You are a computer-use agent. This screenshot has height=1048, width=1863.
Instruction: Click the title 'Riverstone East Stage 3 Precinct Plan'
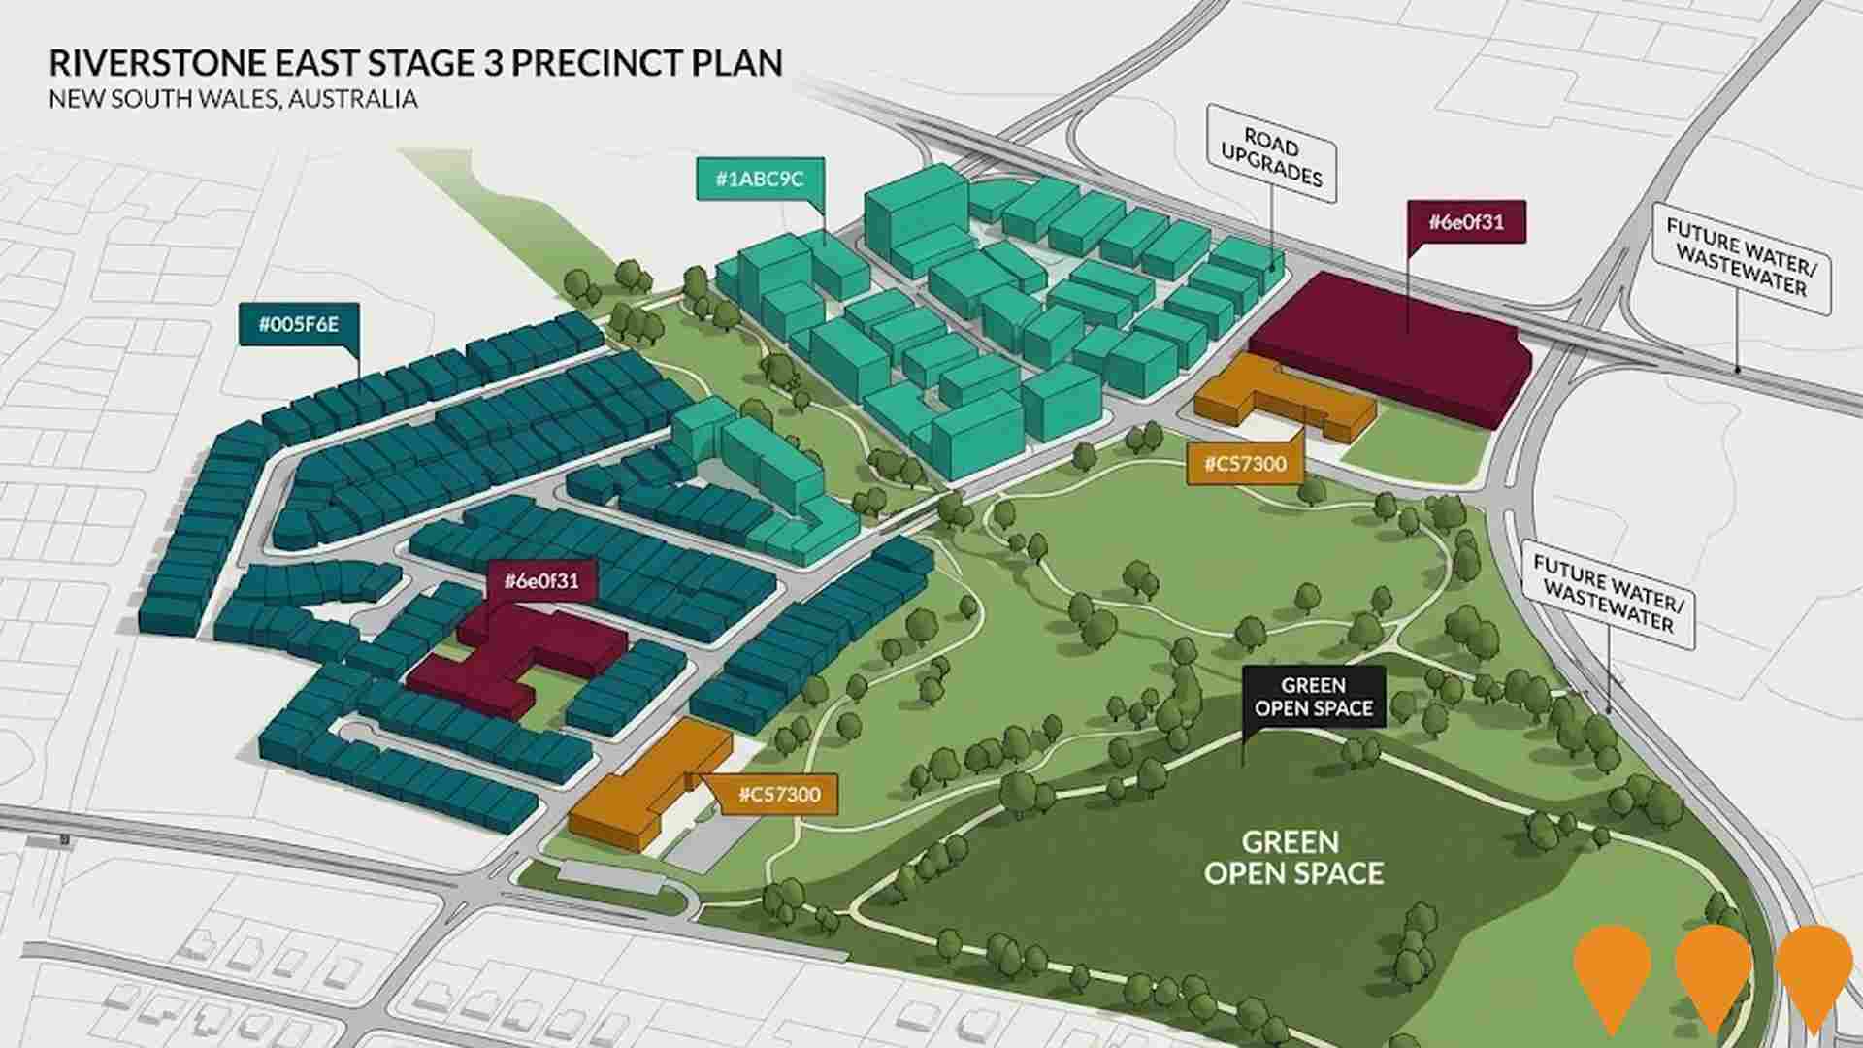(415, 63)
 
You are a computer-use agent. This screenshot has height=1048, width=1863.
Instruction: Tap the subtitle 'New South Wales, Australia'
(233, 99)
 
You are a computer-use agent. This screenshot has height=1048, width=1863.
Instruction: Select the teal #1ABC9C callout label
(760, 179)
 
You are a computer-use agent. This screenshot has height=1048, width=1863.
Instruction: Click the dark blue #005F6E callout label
(299, 324)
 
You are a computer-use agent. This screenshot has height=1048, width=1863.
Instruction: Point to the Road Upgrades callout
(1271, 161)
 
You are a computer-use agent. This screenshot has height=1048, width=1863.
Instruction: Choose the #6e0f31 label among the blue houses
(541, 581)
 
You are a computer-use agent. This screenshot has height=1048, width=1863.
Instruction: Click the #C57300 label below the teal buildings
(1245, 464)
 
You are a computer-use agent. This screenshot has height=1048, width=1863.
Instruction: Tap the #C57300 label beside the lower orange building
(779, 795)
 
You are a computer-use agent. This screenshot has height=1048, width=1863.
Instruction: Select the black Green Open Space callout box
(1314, 697)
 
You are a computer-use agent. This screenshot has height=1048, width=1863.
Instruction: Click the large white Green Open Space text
(1293, 857)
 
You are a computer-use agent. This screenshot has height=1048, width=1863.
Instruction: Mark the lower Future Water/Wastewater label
(1609, 593)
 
